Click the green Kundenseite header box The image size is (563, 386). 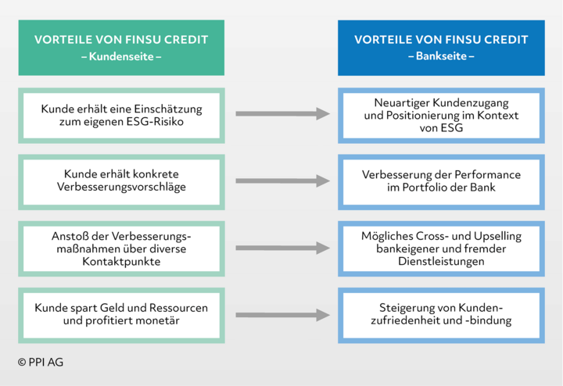coord(121,48)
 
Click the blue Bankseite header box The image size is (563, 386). coord(441,48)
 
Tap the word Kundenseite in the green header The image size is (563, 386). coord(121,56)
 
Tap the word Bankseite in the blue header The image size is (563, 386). coord(441,56)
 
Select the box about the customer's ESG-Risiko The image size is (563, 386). coord(121,116)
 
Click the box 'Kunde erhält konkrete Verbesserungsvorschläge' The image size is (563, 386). coord(121,182)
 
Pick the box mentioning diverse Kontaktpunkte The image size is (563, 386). coord(121,248)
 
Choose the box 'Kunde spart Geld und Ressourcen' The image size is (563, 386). coord(121,316)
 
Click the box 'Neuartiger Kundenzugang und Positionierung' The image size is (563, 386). coord(441,116)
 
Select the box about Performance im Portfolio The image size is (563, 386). coord(441,182)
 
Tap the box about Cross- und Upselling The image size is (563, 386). coord(441,248)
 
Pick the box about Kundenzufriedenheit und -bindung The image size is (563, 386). coord(441,316)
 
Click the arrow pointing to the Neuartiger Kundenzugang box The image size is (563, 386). coord(282,114)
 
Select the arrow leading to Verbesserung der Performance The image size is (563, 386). coord(282,180)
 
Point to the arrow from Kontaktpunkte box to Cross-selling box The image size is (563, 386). coord(282,248)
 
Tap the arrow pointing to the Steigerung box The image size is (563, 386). coord(282,315)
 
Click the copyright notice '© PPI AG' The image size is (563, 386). coord(41,363)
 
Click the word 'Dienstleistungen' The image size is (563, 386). coord(441,261)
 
